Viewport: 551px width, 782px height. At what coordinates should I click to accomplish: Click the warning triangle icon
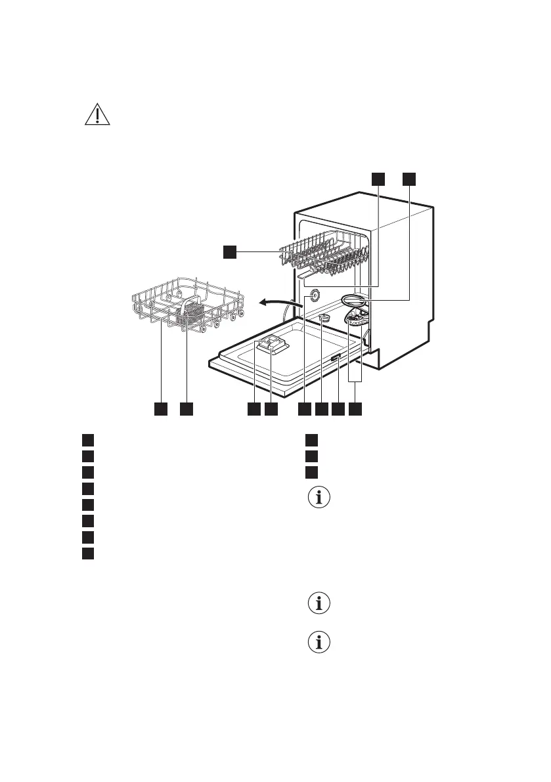pos(97,115)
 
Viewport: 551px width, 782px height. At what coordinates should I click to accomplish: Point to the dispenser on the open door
pos(271,343)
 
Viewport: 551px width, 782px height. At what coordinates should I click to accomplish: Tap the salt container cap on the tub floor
pos(324,318)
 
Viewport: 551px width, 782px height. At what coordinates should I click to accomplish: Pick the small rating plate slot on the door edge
pos(336,358)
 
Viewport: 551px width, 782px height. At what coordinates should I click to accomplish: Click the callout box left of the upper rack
pos(229,251)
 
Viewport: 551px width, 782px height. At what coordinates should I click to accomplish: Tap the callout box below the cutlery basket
pos(187,409)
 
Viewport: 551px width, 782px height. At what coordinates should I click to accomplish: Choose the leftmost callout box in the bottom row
pos(160,409)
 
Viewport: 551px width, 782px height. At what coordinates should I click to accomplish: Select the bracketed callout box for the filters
pos(355,409)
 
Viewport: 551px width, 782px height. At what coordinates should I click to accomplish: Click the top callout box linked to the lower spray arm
pos(409,179)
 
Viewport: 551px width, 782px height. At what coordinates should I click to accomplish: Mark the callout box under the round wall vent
pos(304,409)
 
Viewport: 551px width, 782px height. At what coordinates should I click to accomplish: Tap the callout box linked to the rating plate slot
pos(338,409)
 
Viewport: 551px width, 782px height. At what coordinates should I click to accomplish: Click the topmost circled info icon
pos(320,498)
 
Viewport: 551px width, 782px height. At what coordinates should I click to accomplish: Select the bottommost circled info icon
pos(320,643)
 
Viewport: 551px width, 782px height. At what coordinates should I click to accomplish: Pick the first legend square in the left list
pos(88,439)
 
